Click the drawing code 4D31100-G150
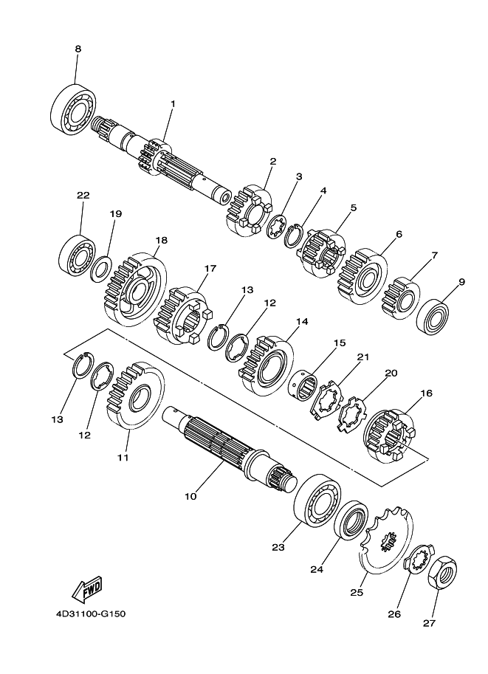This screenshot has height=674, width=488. click(91, 613)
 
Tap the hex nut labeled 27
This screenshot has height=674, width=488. click(442, 573)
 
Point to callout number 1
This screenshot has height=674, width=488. click(173, 103)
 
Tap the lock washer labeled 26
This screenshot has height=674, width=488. click(420, 560)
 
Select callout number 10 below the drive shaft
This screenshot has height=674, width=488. click(190, 496)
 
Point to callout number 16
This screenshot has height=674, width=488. click(427, 393)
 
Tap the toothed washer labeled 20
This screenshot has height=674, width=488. click(351, 414)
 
